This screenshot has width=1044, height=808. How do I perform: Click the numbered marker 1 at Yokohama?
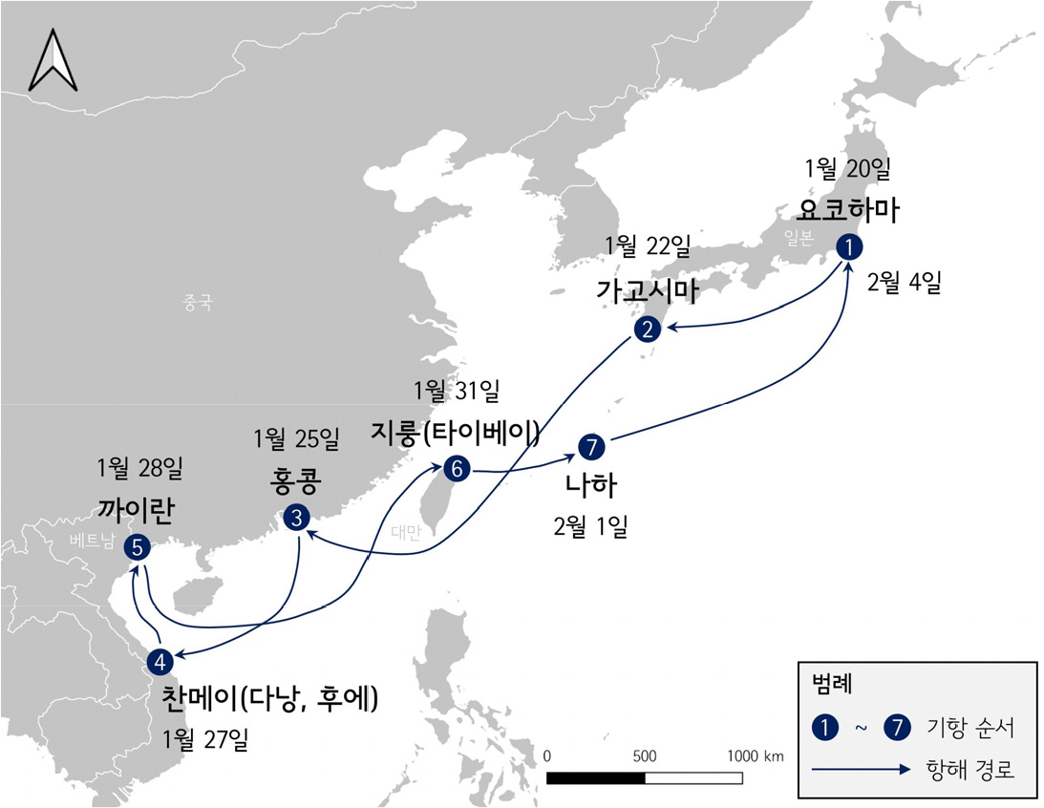click(x=848, y=246)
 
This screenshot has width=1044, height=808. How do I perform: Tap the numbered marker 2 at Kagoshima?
click(x=648, y=330)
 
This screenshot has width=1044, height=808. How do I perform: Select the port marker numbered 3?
click(x=296, y=519)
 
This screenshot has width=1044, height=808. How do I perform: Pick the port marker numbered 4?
click(x=160, y=660)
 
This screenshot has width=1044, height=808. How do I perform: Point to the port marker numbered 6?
click(x=456, y=469)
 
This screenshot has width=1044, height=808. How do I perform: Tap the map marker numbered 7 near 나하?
click(x=591, y=446)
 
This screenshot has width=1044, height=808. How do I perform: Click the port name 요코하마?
click(x=847, y=210)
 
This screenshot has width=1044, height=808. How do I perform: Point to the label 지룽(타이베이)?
click(x=456, y=435)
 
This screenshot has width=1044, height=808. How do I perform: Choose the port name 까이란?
click(x=135, y=510)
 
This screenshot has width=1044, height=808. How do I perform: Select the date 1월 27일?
click(x=205, y=739)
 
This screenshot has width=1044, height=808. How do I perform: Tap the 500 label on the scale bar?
click(x=645, y=755)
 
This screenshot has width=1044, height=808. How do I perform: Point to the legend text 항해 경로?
click(x=967, y=767)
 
